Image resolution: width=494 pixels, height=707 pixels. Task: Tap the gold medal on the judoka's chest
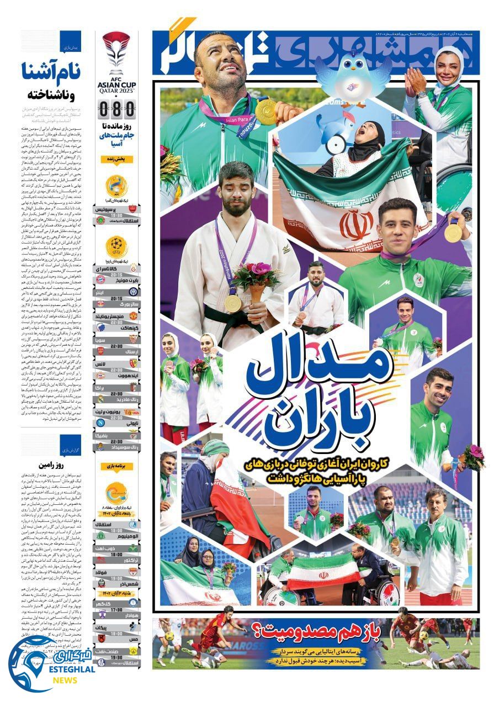click(x=233, y=302)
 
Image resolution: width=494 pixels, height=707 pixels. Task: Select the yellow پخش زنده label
click(x=116, y=159)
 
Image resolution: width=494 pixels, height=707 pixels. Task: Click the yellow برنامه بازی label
click(x=116, y=466)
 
